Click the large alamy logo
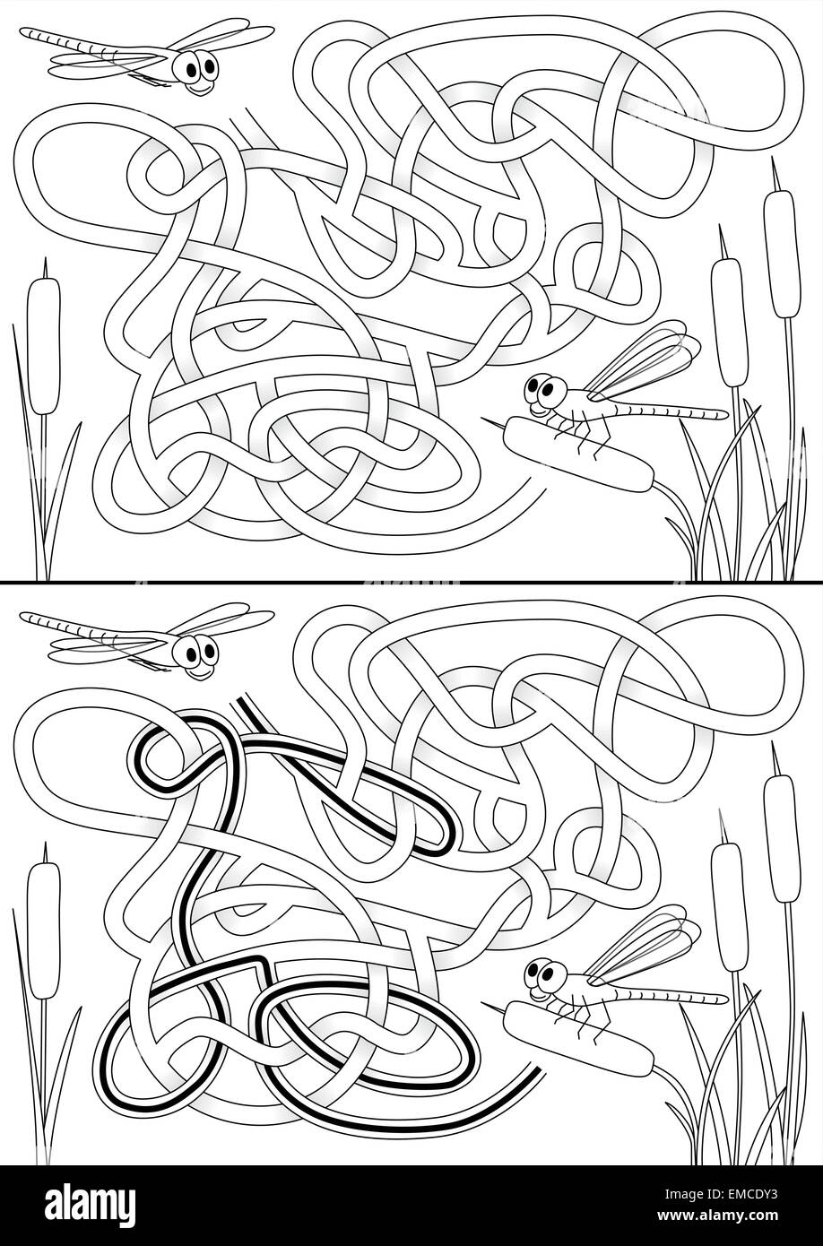tap(91, 1203)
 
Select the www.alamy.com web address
tap(723, 1215)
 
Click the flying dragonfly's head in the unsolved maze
tap(195, 70)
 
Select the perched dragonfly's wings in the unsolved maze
tap(643, 359)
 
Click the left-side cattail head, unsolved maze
tap(43, 345)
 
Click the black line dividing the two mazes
tap(411, 582)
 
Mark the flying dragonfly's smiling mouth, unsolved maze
tap(200, 89)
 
